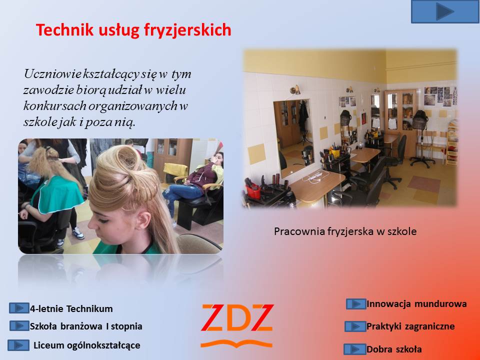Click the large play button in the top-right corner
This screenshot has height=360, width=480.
(445, 11)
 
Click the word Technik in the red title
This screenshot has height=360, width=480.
(64, 29)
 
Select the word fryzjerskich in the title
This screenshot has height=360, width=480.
(187, 30)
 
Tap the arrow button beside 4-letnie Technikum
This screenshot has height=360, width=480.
(19, 308)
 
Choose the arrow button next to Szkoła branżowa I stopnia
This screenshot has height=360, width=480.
(19, 325)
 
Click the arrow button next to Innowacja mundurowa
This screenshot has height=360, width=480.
(356, 304)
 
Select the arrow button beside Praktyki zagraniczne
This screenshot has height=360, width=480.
(355, 326)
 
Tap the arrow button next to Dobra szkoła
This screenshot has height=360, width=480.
(355, 349)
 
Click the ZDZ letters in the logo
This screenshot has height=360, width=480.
(237, 318)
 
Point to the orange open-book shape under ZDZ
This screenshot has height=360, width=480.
(236, 344)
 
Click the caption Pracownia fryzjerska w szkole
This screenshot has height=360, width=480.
(345, 231)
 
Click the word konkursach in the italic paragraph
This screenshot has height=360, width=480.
(55, 105)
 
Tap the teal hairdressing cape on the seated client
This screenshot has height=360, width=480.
(57, 194)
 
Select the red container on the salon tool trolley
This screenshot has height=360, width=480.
(253, 191)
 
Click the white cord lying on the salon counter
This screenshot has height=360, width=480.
(315, 176)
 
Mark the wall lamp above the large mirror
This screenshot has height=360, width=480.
(295, 89)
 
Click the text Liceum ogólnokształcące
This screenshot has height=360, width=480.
(86, 345)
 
